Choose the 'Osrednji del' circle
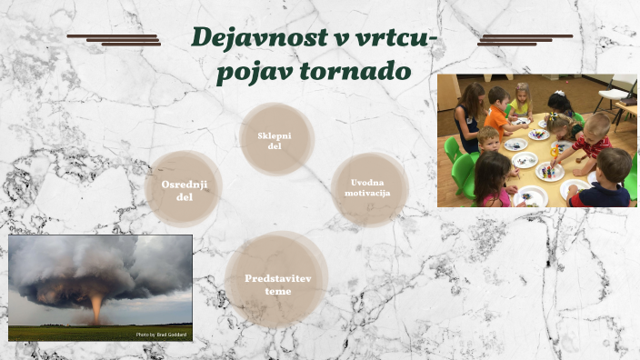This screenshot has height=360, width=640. pyautogui.click(x=184, y=189)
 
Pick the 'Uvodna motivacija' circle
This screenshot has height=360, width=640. pyautogui.click(x=369, y=188)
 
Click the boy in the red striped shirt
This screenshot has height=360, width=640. pyautogui.click(x=594, y=141)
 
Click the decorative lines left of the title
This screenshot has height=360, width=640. pyautogui.click(x=115, y=39)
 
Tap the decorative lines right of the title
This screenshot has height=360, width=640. pyautogui.click(x=525, y=39)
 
